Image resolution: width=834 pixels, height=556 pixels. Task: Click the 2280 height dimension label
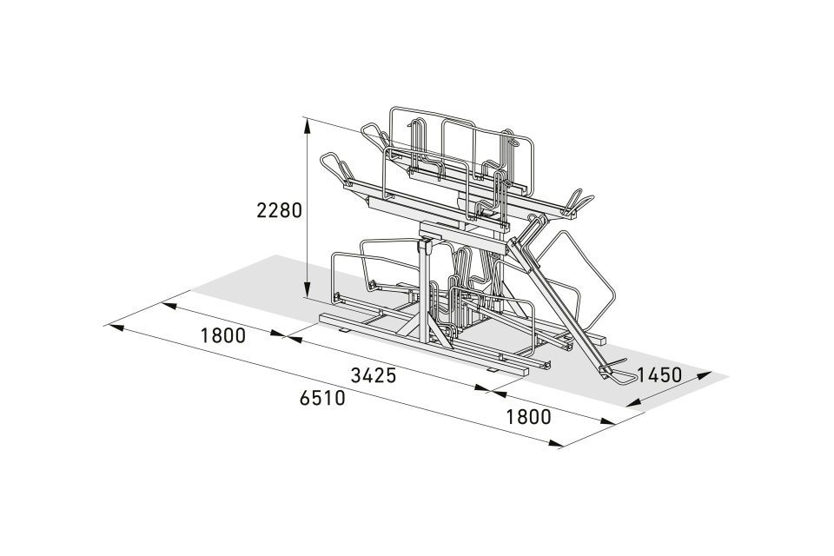279,211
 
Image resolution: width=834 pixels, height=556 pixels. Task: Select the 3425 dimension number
374,375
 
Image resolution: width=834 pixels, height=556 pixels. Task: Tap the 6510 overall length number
322,398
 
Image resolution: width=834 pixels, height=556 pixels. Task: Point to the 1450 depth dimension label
659,375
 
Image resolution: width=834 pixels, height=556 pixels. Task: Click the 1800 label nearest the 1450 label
528,417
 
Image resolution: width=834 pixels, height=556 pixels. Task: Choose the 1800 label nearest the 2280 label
223,335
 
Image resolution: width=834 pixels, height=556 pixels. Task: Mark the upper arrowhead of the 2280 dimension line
308,126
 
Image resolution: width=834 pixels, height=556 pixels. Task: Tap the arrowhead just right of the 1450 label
704,375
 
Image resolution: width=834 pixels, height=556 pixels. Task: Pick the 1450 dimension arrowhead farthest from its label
634,403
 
